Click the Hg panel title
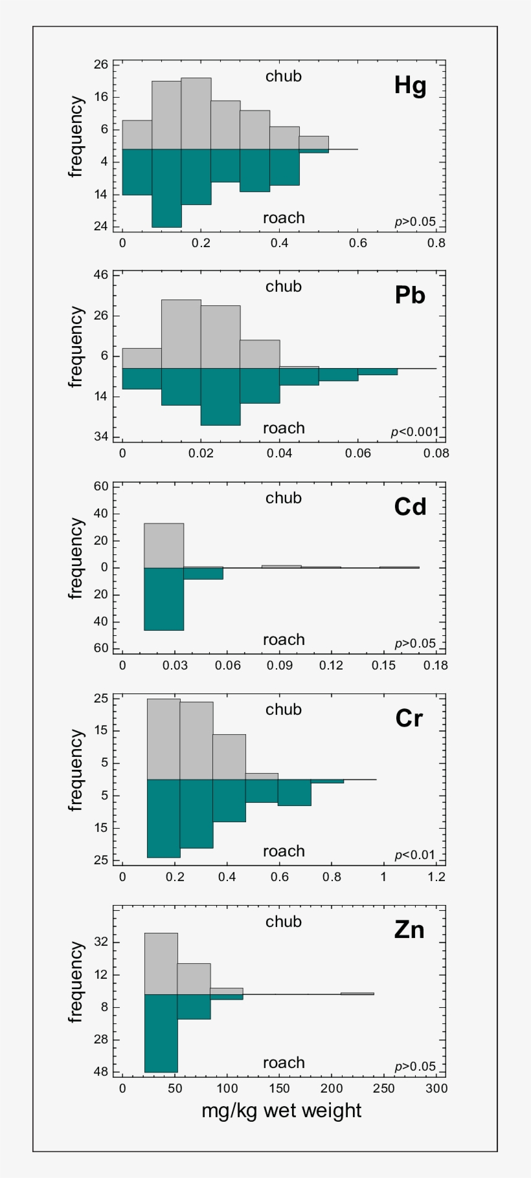pos(410,85)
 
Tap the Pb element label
pos(410,296)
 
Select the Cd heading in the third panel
pos(410,507)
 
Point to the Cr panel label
pos(409,718)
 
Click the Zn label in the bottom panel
pos(409,930)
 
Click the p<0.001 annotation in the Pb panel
pos(414,432)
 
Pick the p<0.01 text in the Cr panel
pos(415,855)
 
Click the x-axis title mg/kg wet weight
pos(281,1110)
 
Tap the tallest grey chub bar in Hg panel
pos(196,113)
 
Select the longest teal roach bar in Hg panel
pos(166,188)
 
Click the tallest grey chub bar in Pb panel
pos(181,334)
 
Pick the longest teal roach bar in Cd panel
pos(164,598)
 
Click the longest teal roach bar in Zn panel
pos(161,1033)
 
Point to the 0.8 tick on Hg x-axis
pos(436,243)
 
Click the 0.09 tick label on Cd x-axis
pos(278,665)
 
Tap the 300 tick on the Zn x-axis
pos(436,1088)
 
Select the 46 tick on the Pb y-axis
pos(100,275)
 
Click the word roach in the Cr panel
pos(284,851)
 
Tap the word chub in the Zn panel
pos(284,921)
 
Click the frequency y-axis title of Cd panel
pos(76,559)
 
